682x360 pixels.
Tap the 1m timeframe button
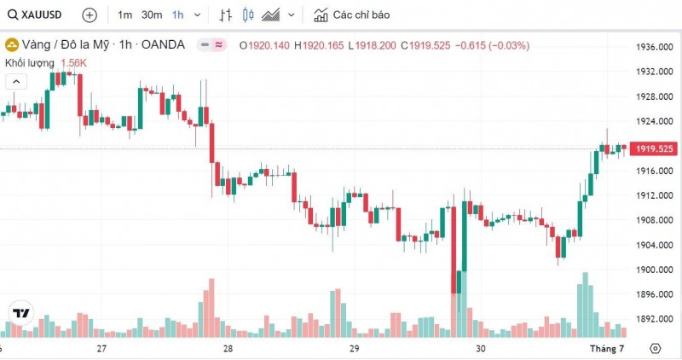click(124, 15)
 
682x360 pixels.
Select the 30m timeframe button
click(152, 15)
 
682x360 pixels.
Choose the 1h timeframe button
click(177, 15)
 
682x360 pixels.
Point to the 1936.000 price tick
click(650, 47)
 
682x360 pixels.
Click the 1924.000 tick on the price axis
click(650, 121)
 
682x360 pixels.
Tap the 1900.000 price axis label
click(650, 270)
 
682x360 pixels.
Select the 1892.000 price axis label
click(650, 319)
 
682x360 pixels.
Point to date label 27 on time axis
click(101, 349)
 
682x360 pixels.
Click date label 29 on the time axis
click(354, 349)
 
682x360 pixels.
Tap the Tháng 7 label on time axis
click(609, 349)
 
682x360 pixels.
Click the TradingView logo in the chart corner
click(20, 313)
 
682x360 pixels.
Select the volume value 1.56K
click(73, 63)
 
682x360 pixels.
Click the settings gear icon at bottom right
click(655, 349)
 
